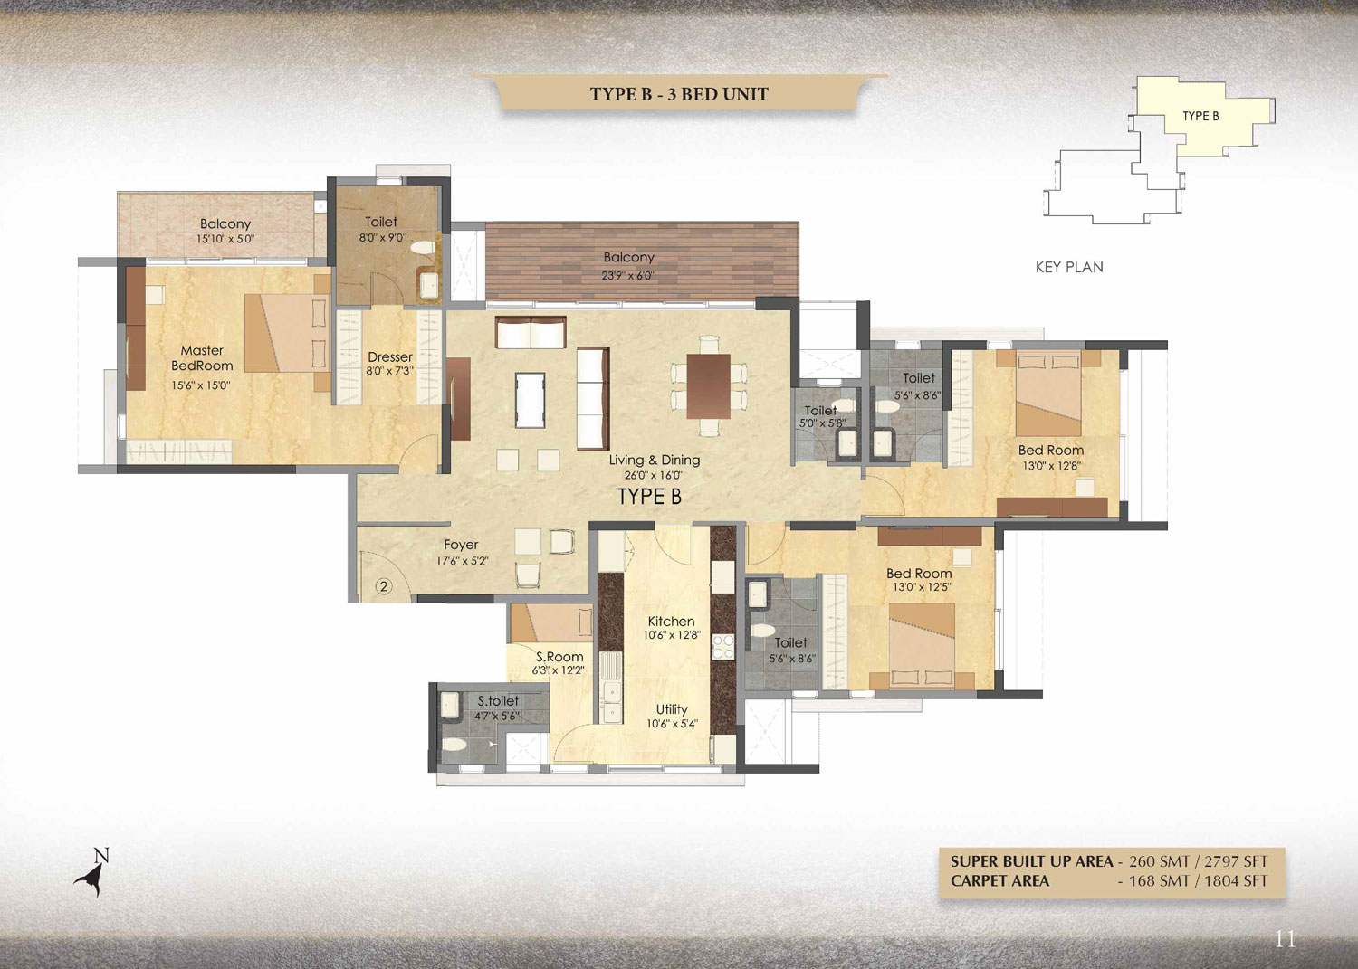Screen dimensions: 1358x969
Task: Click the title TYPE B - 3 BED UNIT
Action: tap(679, 94)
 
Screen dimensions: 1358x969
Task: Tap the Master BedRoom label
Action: tap(202, 358)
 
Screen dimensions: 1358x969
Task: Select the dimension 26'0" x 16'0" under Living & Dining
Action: tap(654, 476)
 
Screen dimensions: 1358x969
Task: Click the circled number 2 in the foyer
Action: tap(383, 586)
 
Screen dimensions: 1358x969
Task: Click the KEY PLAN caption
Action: tap(1069, 267)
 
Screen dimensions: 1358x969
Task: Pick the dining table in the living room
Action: tap(709, 386)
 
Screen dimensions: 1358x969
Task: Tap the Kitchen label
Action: tap(671, 622)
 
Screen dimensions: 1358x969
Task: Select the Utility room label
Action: tap(672, 709)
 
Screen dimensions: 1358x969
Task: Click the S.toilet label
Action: tap(498, 701)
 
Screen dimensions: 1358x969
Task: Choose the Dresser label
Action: tap(390, 357)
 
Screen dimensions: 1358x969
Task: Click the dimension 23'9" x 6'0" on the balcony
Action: tap(628, 276)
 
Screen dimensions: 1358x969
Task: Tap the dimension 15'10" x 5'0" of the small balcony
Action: tap(225, 239)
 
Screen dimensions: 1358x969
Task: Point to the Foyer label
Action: tap(461, 545)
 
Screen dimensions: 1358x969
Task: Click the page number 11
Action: tap(1286, 940)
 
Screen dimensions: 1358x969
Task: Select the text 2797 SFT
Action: tap(1236, 861)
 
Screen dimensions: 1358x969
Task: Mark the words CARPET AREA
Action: tap(999, 881)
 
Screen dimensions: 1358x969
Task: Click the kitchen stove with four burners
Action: tap(722, 647)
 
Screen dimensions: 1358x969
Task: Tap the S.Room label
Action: tap(559, 657)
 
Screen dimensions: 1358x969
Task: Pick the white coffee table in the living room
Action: tap(530, 401)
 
